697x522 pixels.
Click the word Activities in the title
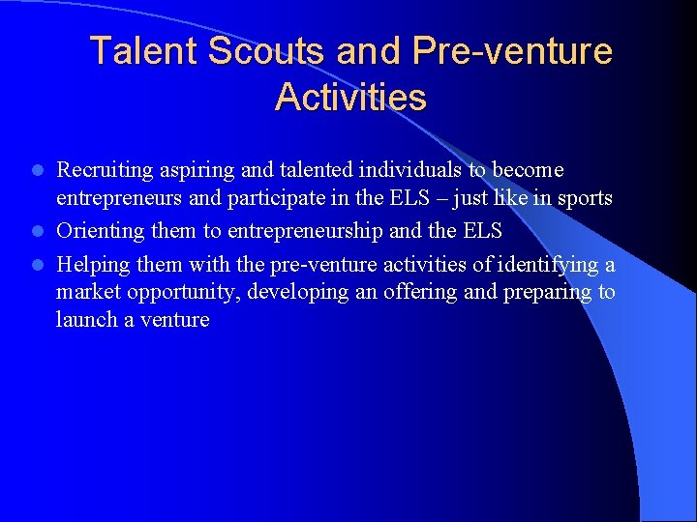click(x=350, y=97)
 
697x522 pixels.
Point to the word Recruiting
click(x=105, y=170)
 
